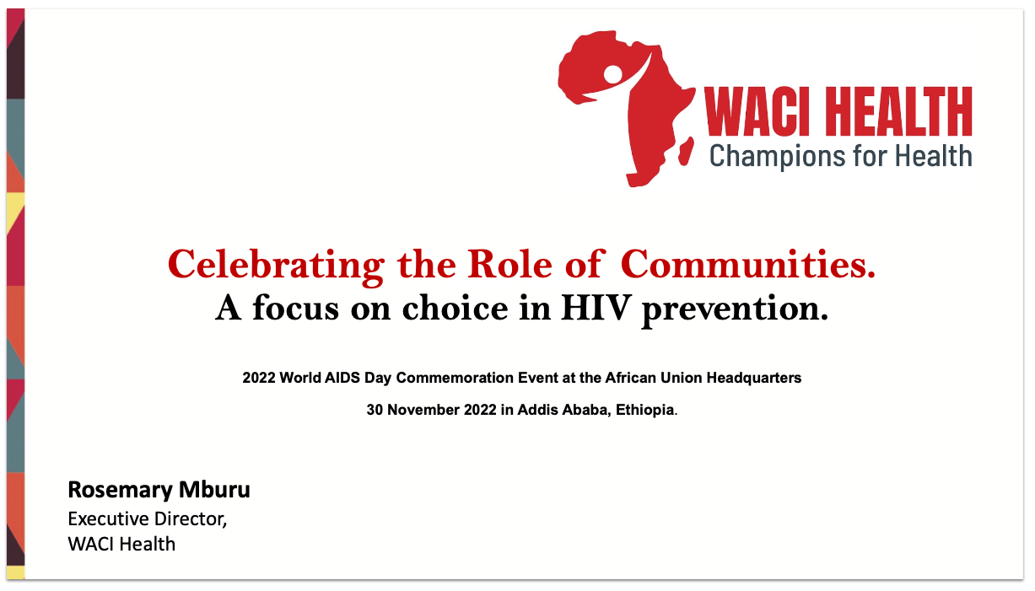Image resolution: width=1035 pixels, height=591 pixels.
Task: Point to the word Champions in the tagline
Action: click(765, 155)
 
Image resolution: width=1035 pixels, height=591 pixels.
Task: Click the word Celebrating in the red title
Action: click(275, 265)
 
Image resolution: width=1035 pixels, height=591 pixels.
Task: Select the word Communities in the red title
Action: click(748, 265)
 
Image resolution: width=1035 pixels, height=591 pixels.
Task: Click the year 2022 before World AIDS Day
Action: click(259, 378)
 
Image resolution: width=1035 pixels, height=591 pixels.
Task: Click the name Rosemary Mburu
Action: click(159, 490)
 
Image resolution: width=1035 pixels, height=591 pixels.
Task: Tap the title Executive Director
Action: click(148, 518)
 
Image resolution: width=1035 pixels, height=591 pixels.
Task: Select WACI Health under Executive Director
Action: click(121, 544)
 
